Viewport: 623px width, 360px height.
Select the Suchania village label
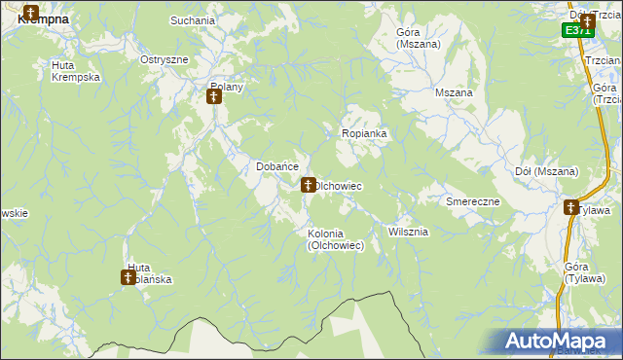pos(192,19)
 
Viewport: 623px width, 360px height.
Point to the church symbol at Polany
pos(215,96)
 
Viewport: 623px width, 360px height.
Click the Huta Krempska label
pos(75,71)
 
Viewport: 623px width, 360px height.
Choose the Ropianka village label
pos(365,133)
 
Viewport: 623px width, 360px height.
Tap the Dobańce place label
pos(276,166)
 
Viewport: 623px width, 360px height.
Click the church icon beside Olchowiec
pos(308,184)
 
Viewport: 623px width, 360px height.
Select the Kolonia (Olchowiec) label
pos(336,239)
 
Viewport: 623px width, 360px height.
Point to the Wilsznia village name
pos(408,232)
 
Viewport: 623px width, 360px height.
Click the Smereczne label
pos(472,201)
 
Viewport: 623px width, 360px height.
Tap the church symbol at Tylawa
pos(570,207)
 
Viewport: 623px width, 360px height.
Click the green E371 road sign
pos(577,30)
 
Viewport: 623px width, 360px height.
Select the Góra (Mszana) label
pos(419,38)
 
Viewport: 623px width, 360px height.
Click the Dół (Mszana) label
pos(545,171)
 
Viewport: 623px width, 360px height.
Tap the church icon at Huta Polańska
pos(128,278)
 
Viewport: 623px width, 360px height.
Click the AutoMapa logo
pos(560,341)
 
